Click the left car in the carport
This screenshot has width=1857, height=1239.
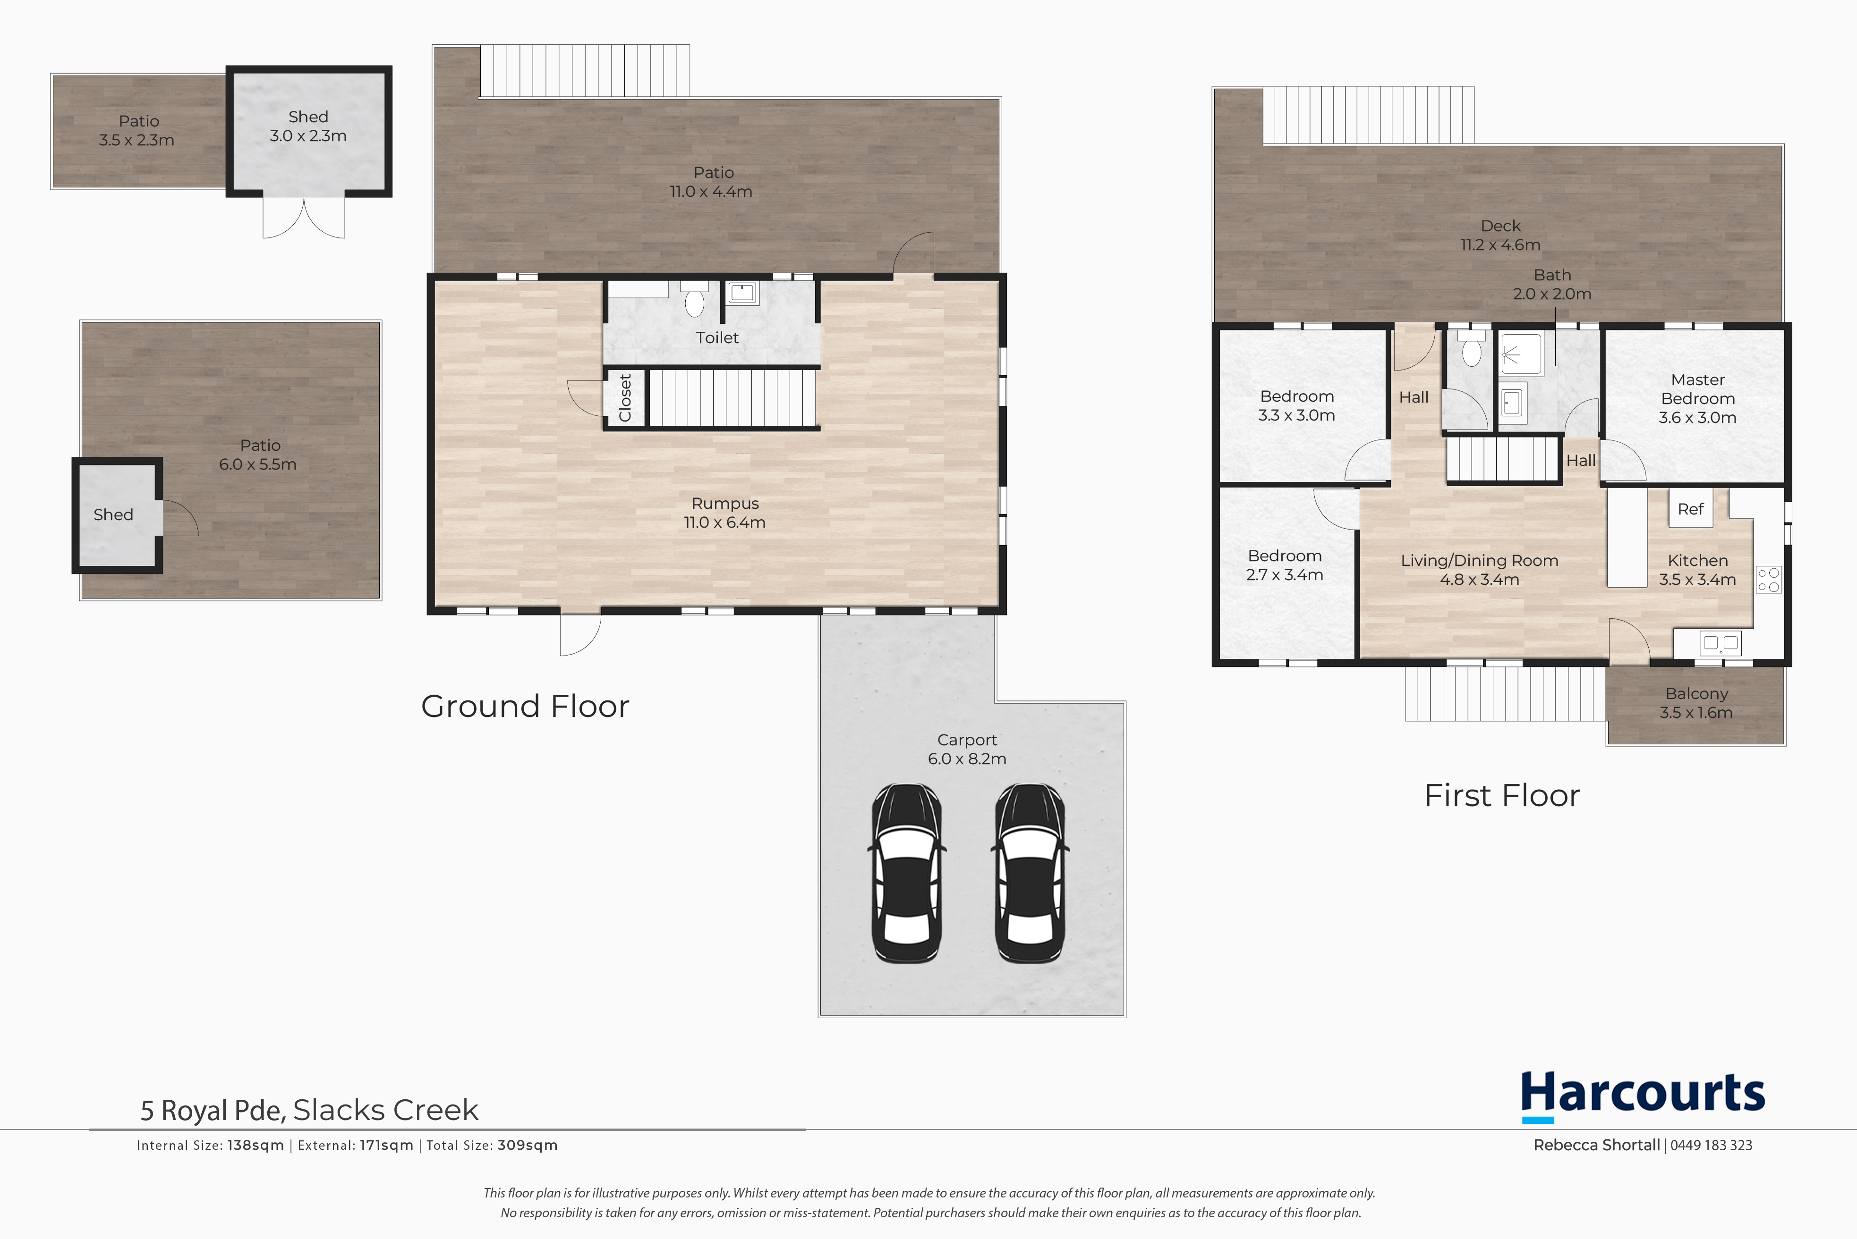(907, 873)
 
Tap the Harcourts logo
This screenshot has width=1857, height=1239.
(1643, 1096)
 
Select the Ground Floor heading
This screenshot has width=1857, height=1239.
(525, 706)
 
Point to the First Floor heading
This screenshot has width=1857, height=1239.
(1502, 795)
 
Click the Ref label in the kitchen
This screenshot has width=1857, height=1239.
(1690, 509)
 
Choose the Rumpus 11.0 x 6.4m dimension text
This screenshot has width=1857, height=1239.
(725, 523)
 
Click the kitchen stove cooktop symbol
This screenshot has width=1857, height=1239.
(1769, 579)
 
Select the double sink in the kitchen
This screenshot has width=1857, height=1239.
(1720, 643)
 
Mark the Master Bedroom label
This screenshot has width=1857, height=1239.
(1697, 398)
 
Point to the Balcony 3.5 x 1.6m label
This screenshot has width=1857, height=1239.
(1696, 702)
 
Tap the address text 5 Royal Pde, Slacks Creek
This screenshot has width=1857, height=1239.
(309, 1110)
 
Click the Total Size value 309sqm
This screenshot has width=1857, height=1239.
(527, 1145)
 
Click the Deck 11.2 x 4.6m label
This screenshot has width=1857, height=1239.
(1500, 236)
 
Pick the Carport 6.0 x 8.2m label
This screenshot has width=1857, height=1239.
(967, 749)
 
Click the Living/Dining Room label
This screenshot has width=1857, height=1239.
(1479, 560)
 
